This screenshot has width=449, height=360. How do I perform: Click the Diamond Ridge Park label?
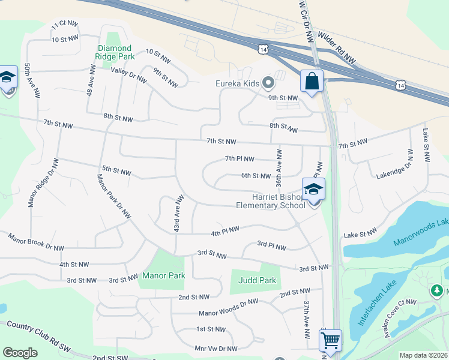pos(116,52)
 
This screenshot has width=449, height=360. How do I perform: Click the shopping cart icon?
pos(330,340)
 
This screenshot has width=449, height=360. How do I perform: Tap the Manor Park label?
pos(163,275)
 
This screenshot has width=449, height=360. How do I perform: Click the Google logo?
pos(20,353)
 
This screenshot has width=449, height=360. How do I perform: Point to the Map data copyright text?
pos(423,355)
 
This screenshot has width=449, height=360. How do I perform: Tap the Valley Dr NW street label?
pos(129,75)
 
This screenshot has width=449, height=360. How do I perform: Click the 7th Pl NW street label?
pos(240,159)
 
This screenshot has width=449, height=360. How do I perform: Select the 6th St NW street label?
pos(256,176)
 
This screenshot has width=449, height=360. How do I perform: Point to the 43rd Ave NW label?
pos(178,214)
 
